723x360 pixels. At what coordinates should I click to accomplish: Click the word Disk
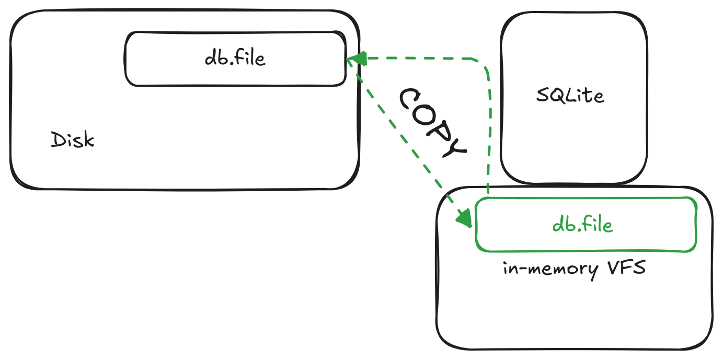click(x=73, y=140)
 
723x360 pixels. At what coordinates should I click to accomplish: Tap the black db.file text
click(x=235, y=58)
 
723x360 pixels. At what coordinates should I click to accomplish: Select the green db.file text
click(x=582, y=224)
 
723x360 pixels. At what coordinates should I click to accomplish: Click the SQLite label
click(x=570, y=96)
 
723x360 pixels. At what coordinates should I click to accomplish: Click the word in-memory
click(x=550, y=270)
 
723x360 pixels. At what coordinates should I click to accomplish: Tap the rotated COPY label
click(x=432, y=123)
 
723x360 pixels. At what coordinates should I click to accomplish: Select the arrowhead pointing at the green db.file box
click(x=465, y=218)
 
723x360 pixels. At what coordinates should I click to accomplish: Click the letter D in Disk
click(x=58, y=140)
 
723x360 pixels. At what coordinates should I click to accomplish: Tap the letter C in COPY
click(x=410, y=98)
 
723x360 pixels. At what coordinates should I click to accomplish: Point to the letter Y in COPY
click(x=453, y=147)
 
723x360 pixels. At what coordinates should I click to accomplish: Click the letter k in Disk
click(x=88, y=140)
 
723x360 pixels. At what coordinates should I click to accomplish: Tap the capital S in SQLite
click(x=542, y=96)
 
